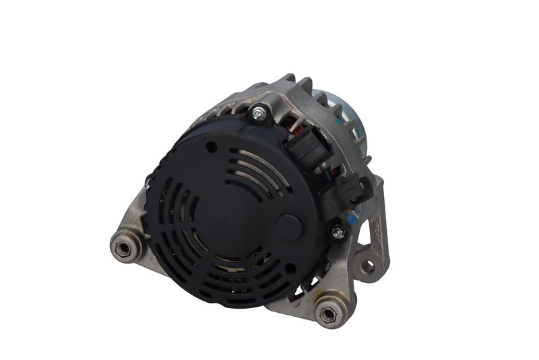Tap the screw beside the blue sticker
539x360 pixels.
(x=338, y=233)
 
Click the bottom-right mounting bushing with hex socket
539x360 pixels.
(x=327, y=313)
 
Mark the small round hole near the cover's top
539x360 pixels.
(x=212, y=146)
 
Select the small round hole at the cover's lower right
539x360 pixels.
(x=290, y=268)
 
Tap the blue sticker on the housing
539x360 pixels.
(x=355, y=218)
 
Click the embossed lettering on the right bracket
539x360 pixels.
(x=378, y=233)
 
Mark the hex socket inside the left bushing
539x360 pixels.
(x=123, y=247)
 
